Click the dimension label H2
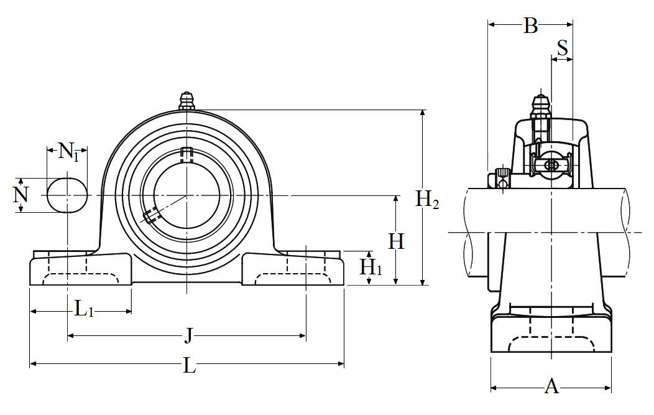click(427, 200)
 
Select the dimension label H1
click(371, 268)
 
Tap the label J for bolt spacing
click(188, 336)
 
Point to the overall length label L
click(190, 366)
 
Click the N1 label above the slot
click(68, 151)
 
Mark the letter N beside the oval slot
click(21, 195)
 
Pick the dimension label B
click(530, 26)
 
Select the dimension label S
click(562, 48)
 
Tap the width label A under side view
click(551, 386)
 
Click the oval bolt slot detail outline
click(67, 195)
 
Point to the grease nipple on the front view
click(187, 102)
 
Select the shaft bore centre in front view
click(187, 195)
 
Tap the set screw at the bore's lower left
click(150, 216)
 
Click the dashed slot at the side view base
click(551, 344)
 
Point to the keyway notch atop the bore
click(187, 152)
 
